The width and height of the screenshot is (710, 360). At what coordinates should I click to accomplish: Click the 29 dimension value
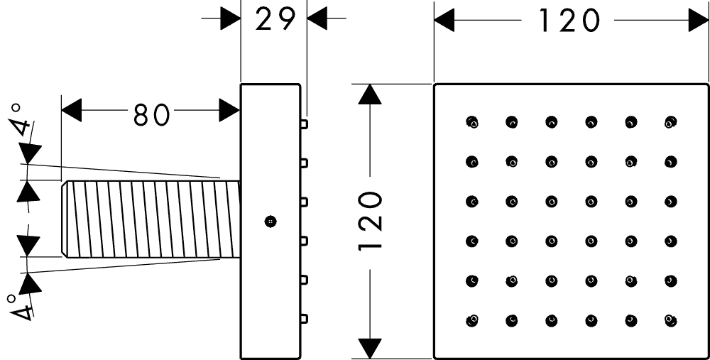tap(275, 20)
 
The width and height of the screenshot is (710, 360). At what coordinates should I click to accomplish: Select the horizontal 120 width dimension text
tap(569, 21)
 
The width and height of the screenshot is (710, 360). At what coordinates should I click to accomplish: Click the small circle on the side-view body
tap(269, 221)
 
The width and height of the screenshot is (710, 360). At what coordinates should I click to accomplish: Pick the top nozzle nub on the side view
tap(304, 124)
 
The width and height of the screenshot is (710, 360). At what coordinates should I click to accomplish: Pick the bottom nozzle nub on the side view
tap(304, 318)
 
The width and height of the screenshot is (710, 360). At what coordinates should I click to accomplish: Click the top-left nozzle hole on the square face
tap(472, 122)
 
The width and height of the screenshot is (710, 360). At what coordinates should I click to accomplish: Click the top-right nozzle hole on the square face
tap(671, 122)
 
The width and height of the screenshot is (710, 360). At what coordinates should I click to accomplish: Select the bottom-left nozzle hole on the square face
tap(472, 321)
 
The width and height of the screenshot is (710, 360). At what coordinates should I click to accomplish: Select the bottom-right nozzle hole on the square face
tap(671, 321)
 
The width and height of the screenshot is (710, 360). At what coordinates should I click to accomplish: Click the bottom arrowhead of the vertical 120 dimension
tap(369, 349)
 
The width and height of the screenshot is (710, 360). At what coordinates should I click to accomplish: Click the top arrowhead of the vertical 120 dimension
tap(369, 94)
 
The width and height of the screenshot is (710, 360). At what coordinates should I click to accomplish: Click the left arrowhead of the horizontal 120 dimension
tap(444, 21)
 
